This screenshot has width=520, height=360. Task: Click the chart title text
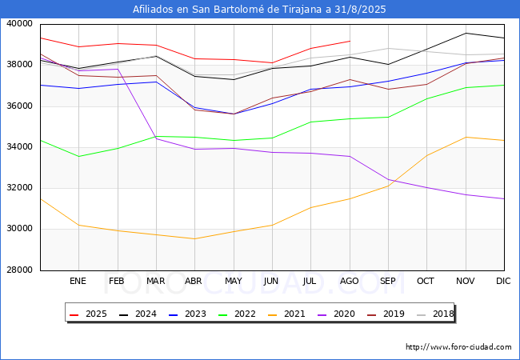(260, 10)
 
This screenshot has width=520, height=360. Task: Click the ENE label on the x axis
(78, 282)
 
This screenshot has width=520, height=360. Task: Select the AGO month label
(349, 282)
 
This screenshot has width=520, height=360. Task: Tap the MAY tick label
(233, 282)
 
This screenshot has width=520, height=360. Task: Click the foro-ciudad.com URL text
(458, 347)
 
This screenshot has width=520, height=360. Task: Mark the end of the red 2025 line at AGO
(350, 41)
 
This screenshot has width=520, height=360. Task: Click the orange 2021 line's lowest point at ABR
(194, 238)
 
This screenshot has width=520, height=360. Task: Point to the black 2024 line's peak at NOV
(466, 33)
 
